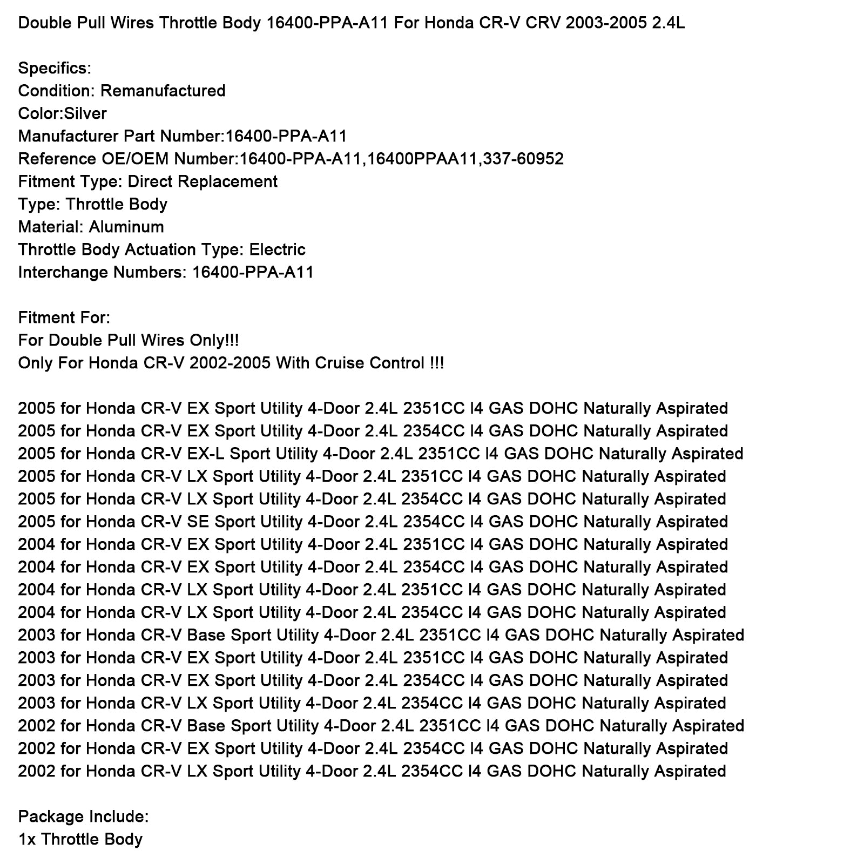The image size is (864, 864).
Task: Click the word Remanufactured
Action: point(163,91)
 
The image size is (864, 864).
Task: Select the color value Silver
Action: point(85,113)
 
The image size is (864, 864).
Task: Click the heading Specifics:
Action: point(55,68)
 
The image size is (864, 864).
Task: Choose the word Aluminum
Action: point(126,227)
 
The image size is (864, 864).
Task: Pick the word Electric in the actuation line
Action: point(277,249)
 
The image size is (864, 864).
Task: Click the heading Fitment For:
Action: point(64,318)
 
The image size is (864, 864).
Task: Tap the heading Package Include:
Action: point(83,816)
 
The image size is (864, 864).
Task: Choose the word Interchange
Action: point(63,272)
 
